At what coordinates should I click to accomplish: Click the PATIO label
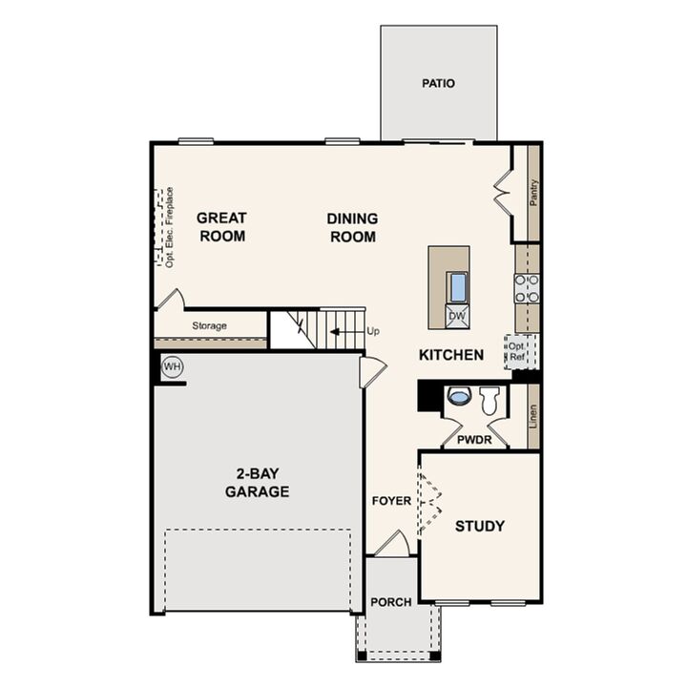[x=438, y=83]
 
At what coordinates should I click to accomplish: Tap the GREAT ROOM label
[x=221, y=227]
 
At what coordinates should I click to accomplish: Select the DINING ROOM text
[x=352, y=227]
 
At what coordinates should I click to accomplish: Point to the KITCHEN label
[x=451, y=355]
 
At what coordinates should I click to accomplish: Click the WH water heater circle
[x=172, y=366]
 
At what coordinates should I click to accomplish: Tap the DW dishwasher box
[x=457, y=316]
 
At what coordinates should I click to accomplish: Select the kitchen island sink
[x=457, y=286]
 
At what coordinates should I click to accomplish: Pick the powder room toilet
[x=489, y=400]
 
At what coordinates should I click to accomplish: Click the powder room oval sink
[x=459, y=396]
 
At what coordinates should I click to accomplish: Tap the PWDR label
[x=472, y=440]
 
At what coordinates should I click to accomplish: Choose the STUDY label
[x=480, y=526]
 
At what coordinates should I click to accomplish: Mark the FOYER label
[x=391, y=500]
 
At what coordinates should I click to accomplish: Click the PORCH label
[x=391, y=602]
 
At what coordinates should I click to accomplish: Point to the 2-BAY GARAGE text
[x=257, y=484]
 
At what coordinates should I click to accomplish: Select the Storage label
[x=209, y=326]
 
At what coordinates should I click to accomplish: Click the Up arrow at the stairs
[x=341, y=331]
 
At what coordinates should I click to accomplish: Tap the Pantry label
[x=533, y=192]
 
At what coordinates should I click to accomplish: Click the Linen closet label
[x=533, y=415]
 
